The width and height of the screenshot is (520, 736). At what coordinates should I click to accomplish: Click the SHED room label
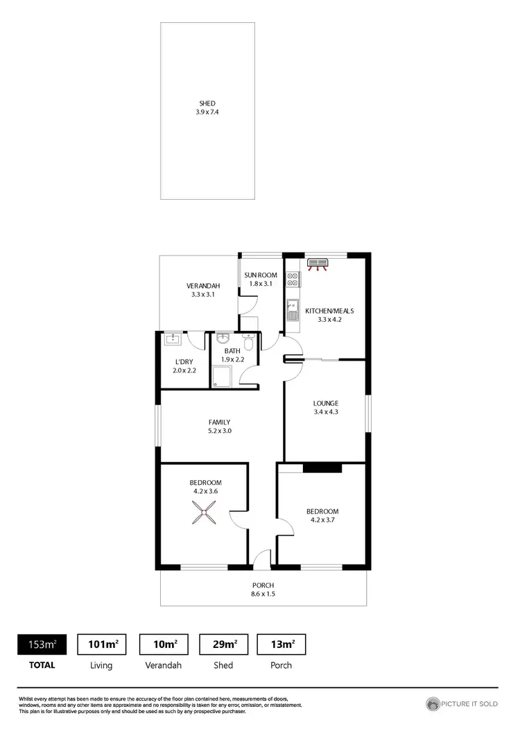[207, 103]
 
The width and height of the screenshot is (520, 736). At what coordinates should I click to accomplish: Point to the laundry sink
[171, 339]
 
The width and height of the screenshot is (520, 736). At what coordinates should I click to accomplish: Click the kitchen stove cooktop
[293, 278]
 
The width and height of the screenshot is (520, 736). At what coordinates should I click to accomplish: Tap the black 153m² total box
[42, 644]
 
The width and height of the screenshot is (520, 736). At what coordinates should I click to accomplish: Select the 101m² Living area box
[101, 644]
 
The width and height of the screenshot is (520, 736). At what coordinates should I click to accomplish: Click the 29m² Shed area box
[223, 644]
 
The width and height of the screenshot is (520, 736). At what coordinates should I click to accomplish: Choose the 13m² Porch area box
[281, 644]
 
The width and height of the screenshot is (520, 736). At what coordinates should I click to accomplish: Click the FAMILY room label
[219, 422]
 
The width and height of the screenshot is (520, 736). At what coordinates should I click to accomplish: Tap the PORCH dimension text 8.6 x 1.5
[263, 594]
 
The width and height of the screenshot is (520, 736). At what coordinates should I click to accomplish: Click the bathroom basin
[223, 339]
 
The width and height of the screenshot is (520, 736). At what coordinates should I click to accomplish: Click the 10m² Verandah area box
[164, 644]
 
